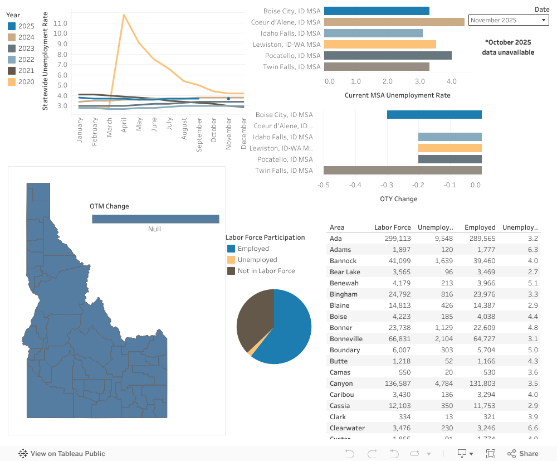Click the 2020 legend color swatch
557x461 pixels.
[12, 82]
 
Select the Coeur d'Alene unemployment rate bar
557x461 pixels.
[394, 22]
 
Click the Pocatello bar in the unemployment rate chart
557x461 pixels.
[387, 55]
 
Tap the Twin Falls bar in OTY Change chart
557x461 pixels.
[402, 171]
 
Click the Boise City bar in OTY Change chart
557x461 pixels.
[434, 115]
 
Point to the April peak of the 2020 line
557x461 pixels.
[124, 14]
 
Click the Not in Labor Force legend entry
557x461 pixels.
[266, 271]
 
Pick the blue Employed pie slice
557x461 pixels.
[290, 329]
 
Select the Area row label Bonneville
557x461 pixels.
[346, 339]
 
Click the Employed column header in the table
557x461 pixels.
[480, 227]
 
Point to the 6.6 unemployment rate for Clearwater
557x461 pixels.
[532, 428]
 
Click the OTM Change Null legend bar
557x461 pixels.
[155, 219]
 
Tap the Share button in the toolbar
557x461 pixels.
[522, 454]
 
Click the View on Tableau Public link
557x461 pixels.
[62, 454]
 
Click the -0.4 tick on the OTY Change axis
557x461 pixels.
[355, 185]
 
